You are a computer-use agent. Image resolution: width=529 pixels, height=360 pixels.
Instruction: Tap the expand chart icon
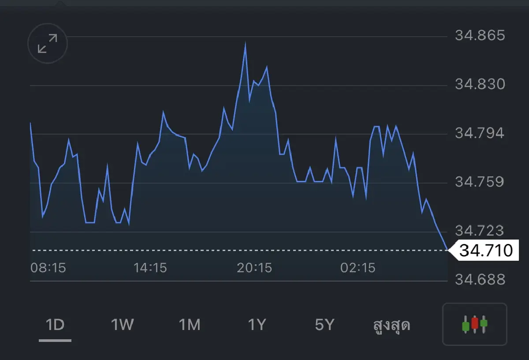tap(48, 44)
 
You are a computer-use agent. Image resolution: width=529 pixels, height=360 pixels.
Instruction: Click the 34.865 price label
tap(480, 35)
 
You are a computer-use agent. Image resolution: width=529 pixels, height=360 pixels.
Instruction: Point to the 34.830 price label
tap(480, 84)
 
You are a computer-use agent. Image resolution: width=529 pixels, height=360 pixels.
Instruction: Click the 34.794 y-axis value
tap(480, 133)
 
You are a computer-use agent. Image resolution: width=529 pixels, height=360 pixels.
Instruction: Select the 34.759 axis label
tap(480, 182)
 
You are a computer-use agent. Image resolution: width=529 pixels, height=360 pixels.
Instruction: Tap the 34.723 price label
tap(480, 231)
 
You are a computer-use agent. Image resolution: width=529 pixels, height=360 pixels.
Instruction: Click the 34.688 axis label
tap(480, 280)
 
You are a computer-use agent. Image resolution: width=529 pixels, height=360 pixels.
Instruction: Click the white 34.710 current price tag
tap(484, 250)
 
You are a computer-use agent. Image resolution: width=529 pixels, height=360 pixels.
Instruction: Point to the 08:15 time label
tap(48, 268)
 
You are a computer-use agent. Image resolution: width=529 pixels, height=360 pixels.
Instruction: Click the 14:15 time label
tap(150, 268)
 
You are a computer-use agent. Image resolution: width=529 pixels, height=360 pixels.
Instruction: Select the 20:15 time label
tap(254, 268)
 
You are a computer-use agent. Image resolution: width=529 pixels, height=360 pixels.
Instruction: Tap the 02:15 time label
tap(358, 268)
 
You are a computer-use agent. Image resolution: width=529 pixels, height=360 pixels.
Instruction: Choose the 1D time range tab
tap(55, 325)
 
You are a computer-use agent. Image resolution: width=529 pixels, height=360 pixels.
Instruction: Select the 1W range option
tap(123, 325)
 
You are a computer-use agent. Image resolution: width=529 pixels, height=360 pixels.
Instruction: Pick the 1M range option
tap(190, 325)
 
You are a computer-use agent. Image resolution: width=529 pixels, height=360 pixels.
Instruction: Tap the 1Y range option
tap(257, 325)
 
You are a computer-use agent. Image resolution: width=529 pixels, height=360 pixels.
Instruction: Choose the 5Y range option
tap(324, 325)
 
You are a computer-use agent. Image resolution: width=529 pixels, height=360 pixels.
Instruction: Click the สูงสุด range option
tap(391, 325)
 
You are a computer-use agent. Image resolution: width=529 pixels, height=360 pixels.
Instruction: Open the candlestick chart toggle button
tap(475, 324)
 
